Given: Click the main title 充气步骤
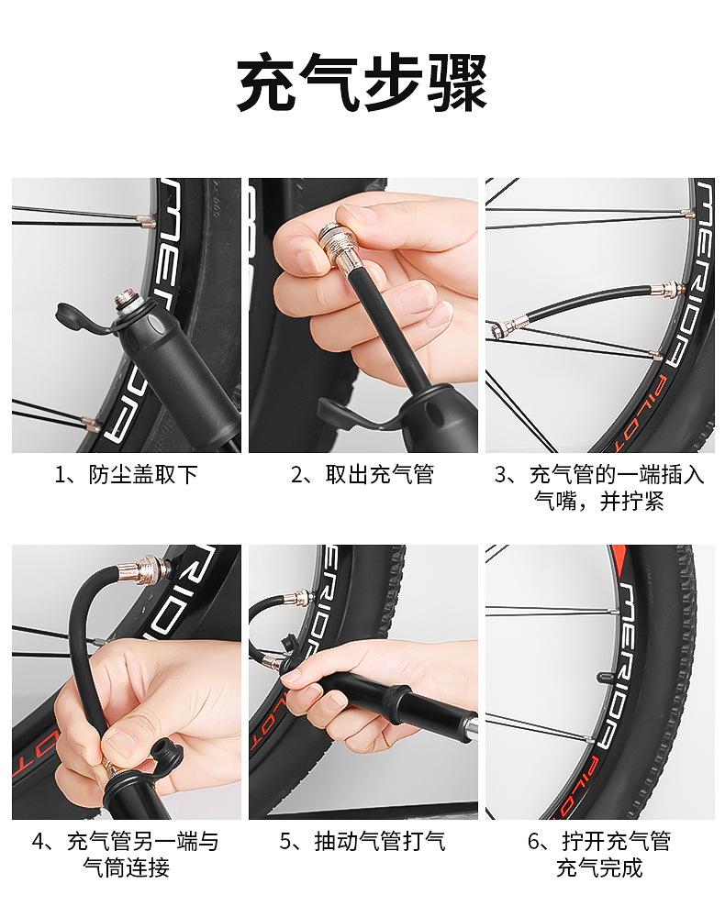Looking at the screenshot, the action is click(362, 83).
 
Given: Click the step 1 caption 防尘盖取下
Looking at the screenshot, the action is click(143, 474).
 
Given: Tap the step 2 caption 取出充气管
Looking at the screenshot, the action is click(380, 474).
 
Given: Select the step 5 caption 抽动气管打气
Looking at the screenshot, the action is click(380, 841).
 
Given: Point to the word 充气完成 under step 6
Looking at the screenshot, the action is click(599, 867).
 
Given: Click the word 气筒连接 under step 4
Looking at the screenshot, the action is click(126, 867).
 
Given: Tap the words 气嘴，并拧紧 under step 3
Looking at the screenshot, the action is click(599, 502).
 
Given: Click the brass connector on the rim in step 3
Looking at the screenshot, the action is click(666, 289).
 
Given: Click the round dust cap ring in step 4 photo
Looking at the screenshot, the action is click(166, 758).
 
